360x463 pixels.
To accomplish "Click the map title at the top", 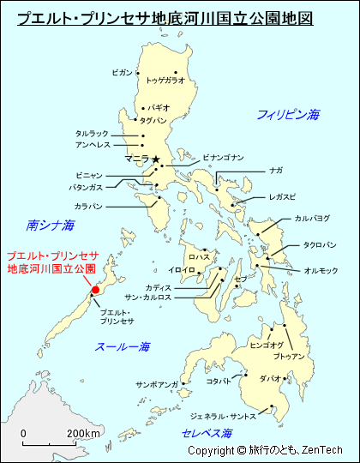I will (x=165, y=17).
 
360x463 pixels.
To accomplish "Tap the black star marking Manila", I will (x=156, y=159).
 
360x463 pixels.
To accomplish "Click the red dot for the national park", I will (x=96, y=290).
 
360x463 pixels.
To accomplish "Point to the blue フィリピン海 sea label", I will (x=288, y=114).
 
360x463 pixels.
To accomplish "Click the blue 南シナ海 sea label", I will (x=51, y=225).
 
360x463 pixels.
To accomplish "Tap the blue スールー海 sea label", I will (x=123, y=347).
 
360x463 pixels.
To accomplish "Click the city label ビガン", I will (x=122, y=73).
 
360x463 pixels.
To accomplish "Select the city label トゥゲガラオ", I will (x=165, y=80).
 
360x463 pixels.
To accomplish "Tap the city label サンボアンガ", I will (x=156, y=384).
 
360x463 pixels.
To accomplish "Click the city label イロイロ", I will (x=182, y=270).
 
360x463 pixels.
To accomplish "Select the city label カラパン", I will (x=88, y=207).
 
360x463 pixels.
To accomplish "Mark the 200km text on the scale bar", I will (x=84, y=433).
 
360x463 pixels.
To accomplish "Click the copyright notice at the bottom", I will (x=265, y=450).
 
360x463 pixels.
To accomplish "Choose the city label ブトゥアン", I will (x=289, y=355).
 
